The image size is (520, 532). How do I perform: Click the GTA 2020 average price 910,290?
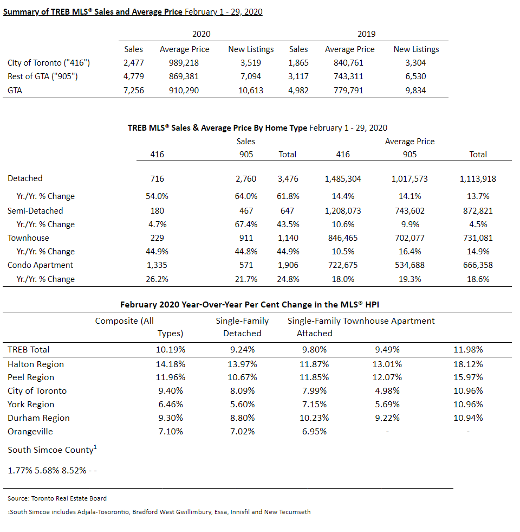point(184,91)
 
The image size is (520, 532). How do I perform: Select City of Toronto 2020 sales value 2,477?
point(134,63)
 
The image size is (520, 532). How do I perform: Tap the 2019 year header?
point(367,34)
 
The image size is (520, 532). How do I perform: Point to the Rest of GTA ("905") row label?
point(43,76)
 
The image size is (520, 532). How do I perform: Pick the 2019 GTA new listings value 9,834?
point(415,91)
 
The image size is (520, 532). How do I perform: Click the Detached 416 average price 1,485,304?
point(343,179)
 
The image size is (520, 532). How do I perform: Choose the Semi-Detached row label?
point(35,211)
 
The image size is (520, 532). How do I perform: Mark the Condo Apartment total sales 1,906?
point(288,265)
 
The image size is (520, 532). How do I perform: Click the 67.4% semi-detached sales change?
point(246,225)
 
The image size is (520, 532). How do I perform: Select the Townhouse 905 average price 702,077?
point(409,238)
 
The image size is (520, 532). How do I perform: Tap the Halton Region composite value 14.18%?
point(171,364)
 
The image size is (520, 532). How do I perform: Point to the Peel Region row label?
point(31,377)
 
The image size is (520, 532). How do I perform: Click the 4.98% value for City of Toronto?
point(387,391)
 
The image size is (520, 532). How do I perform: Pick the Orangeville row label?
point(30,432)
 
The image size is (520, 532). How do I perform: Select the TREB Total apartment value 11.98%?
point(468,349)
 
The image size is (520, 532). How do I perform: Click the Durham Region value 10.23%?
point(314,418)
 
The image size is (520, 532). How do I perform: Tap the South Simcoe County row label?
point(52,450)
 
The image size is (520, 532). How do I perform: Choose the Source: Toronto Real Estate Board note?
point(57,498)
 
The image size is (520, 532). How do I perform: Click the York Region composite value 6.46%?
point(171,405)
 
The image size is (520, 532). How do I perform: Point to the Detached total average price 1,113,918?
point(478,179)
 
